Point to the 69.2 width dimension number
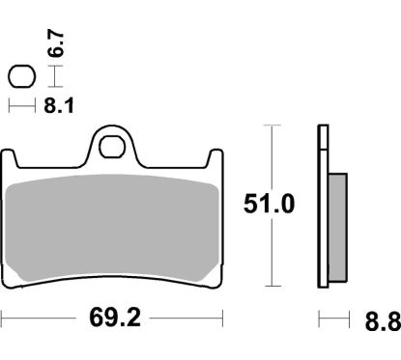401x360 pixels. pyautogui.click(x=111, y=317)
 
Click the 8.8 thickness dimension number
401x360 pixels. pyautogui.click(x=383, y=318)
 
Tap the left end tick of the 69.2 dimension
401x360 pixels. pyautogui.click(x=3, y=317)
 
